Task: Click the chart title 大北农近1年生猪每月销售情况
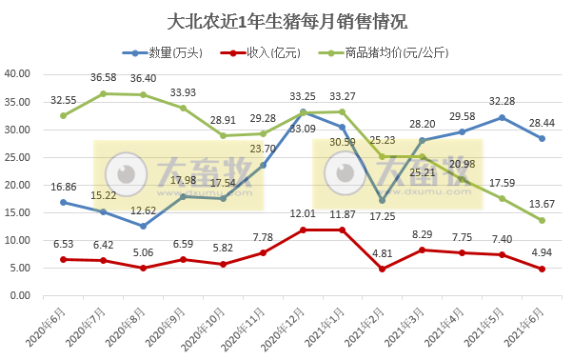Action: pyautogui.click(x=286, y=21)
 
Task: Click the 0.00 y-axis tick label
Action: pyautogui.click(x=22, y=296)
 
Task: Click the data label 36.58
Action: pyautogui.click(x=104, y=77)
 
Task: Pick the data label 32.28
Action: pyautogui.click(x=501, y=101)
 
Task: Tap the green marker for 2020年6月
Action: pyautogui.click(x=63, y=115)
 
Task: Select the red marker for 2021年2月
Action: pyautogui.click(x=383, y=269)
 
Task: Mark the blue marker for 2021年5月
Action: pyautogui.click(x=502, y=117)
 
